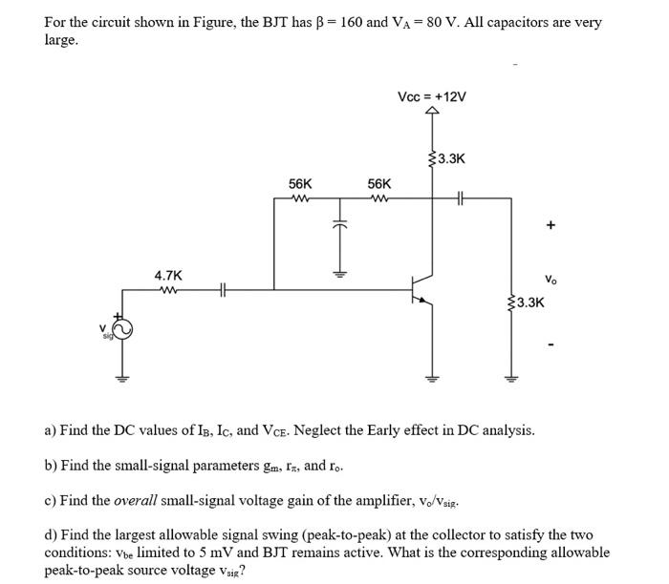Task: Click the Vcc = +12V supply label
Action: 431,98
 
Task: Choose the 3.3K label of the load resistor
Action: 530,303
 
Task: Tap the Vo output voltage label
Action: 551,281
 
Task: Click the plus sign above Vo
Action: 550,226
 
